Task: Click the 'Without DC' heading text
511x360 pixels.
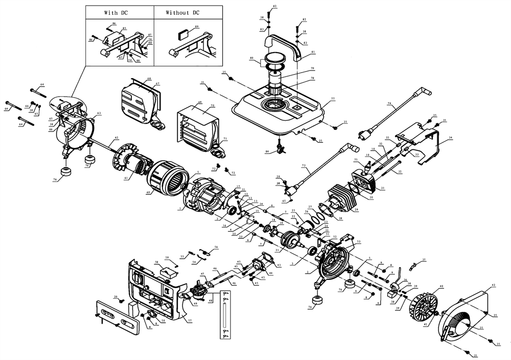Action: [182, 12]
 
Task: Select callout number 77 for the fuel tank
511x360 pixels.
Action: [333, 98]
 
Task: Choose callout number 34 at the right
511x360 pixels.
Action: [450, 138]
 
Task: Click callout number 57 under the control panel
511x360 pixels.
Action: [190, 321]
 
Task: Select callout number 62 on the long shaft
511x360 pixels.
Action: [116, 138]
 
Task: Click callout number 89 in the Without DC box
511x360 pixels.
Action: [197, 27]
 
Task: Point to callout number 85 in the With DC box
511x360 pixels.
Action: [124, 29]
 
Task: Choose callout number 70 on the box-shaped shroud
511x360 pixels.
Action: [212, 105]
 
